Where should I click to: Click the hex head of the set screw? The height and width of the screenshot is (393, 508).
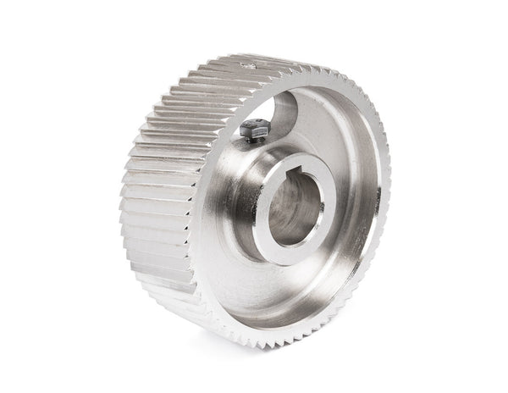(252, 128)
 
